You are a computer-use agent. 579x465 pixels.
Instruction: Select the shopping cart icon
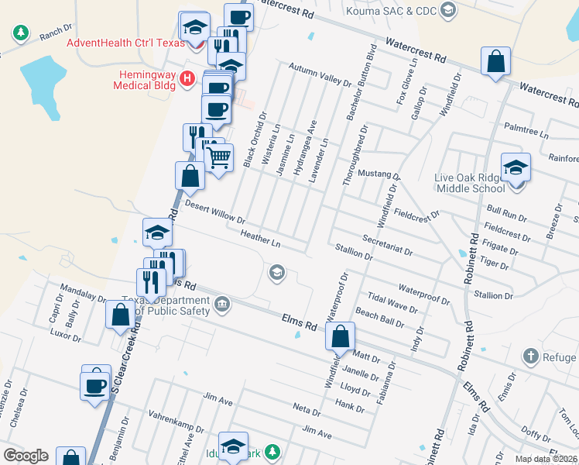[x=219, y=158]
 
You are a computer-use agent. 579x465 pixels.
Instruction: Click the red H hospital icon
[x=186, y=78]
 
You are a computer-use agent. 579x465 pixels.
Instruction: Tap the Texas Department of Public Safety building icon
[x=222, y=303]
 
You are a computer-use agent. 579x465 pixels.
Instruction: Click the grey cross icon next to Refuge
[x=530, y=356]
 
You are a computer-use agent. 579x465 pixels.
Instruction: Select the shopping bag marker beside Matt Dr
[x=341, y=337]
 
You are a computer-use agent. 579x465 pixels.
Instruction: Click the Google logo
[x=26, y=456]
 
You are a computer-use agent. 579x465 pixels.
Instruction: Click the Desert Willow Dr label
[x=215, y=212]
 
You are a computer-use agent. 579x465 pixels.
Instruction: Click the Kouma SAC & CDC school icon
[x=447, y=9]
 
